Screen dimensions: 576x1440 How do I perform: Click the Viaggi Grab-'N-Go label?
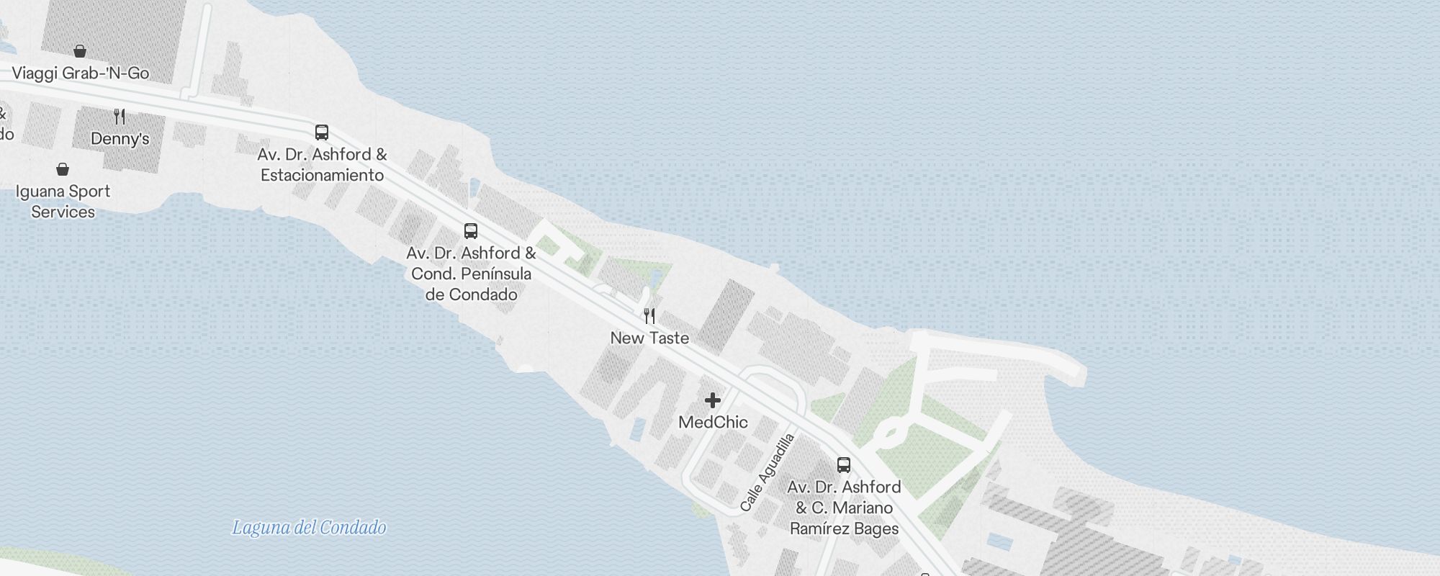81,73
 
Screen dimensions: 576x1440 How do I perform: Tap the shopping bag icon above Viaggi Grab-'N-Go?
80,51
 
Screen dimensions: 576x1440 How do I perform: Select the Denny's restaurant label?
120,139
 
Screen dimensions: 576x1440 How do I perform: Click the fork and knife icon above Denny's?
120,116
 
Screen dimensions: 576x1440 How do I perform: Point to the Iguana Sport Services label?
63,202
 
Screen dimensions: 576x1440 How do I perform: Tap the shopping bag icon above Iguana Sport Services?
63,169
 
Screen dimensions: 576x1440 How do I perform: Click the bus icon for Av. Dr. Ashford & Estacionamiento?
322,132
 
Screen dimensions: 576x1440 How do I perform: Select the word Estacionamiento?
322,176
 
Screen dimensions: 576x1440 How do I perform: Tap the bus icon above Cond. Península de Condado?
471,231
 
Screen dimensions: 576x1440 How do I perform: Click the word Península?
496,274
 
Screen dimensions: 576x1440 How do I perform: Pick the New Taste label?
649,338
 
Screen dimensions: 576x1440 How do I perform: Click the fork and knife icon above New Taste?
649,315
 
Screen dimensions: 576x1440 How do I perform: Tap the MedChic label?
713,423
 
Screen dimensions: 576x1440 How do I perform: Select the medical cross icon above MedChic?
713,400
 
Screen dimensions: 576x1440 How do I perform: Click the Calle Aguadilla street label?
768,472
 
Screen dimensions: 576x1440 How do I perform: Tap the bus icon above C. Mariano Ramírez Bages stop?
844,464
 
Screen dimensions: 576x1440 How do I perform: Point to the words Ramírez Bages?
844,529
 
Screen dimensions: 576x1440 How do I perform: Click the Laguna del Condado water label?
309,528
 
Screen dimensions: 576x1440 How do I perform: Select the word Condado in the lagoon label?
353,528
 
